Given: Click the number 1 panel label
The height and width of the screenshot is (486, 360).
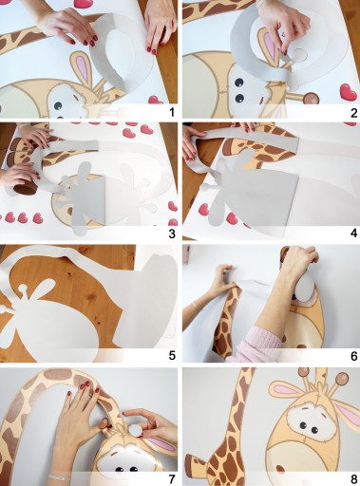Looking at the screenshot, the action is (172, 112).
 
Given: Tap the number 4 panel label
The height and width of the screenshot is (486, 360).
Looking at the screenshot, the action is (353, 234).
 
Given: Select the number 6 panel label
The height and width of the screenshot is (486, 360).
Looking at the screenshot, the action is (354, 356).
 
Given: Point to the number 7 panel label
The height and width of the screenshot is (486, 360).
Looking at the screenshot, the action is (172, 478).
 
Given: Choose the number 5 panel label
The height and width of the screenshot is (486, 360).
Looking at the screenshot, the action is (172, 356).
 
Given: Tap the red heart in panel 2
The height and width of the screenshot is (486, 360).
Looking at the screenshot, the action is (349, 91).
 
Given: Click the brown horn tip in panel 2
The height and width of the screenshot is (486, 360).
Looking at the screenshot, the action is (311, 99).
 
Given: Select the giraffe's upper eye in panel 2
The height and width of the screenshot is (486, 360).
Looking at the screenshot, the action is (239, 83).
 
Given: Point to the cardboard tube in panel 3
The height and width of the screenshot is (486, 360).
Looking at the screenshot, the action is (24, 187).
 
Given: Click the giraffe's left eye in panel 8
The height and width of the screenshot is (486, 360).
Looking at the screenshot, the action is (303, 425).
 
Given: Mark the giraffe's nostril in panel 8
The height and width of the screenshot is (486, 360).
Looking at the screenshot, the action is (280, 468).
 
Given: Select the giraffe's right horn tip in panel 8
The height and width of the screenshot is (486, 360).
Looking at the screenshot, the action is (343, 378).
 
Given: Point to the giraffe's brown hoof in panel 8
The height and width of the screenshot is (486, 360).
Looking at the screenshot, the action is (192, 462).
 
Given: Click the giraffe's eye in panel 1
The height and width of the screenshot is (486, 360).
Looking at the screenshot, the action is (58, 105).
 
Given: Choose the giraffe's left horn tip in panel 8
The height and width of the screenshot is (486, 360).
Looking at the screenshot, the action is (304, 372).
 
